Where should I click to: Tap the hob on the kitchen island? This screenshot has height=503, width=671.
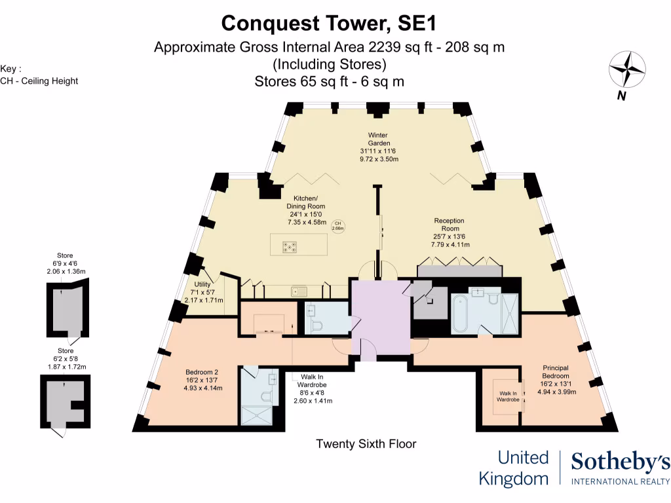(289, 247)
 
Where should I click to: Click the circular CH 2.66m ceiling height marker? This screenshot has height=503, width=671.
(338, 226)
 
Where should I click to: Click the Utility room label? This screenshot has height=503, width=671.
(202, 292)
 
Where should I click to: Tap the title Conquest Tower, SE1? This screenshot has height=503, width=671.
(328, 23)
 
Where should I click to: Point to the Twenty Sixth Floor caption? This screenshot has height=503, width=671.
(366, 444)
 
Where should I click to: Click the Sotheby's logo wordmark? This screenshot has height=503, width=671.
(620, 462)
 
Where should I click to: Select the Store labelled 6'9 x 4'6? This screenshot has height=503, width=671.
(65, 263)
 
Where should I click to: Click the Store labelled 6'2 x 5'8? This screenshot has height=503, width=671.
(65, 359)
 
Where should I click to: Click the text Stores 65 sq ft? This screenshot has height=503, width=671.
(328, 82)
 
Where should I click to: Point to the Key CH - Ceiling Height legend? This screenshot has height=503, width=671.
(39, 75)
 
